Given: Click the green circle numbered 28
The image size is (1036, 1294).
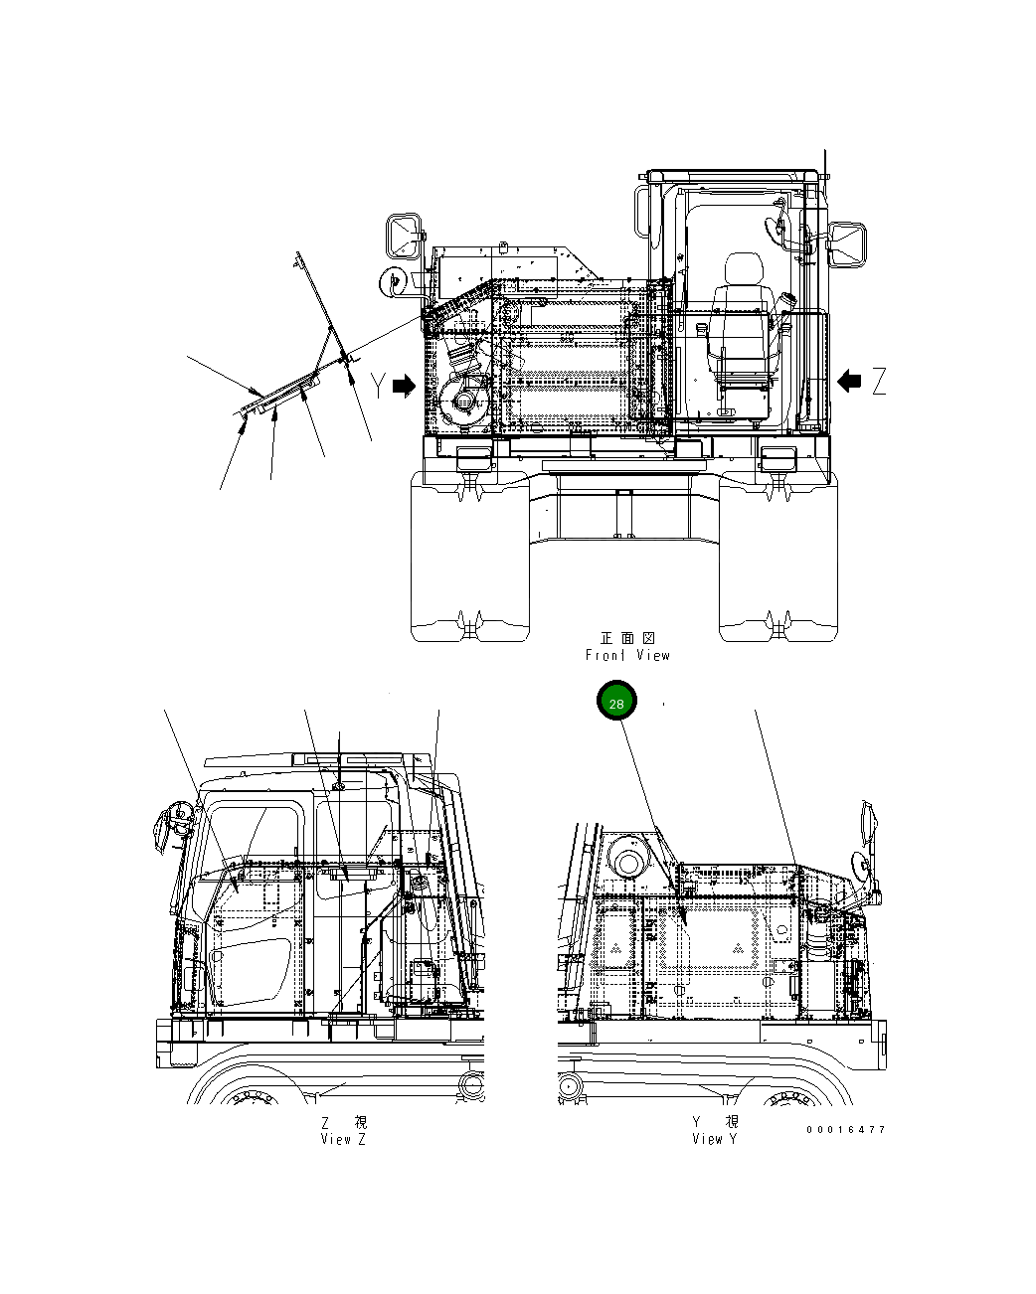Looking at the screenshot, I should click(x=616, y=703).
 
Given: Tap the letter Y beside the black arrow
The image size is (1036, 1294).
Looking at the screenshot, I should click(x=378, y=386).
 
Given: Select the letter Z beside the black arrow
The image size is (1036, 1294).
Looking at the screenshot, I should click(x=878, y=381).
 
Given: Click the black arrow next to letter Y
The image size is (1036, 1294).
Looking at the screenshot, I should click(x=404, y=387).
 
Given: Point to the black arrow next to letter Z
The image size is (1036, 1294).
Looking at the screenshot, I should click(x=850, y=381).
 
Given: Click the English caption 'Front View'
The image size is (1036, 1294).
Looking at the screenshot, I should click(x=627, y=655).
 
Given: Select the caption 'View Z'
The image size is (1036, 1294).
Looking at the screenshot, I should click(x=343, y=1140).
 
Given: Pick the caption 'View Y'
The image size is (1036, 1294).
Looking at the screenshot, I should click(x=715, y=1139).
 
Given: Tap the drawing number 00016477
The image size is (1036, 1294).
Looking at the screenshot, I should click(x=845, y=1130).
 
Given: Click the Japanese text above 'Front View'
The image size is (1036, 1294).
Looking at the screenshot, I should click(x=627, y=638).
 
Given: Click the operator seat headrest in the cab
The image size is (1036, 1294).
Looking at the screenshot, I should click(x=741, y=270).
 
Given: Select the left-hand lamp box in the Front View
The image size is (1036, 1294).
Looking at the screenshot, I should click(x=473, y=459).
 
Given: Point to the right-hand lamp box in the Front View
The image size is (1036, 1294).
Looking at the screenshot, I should click(x=777, y=459).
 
